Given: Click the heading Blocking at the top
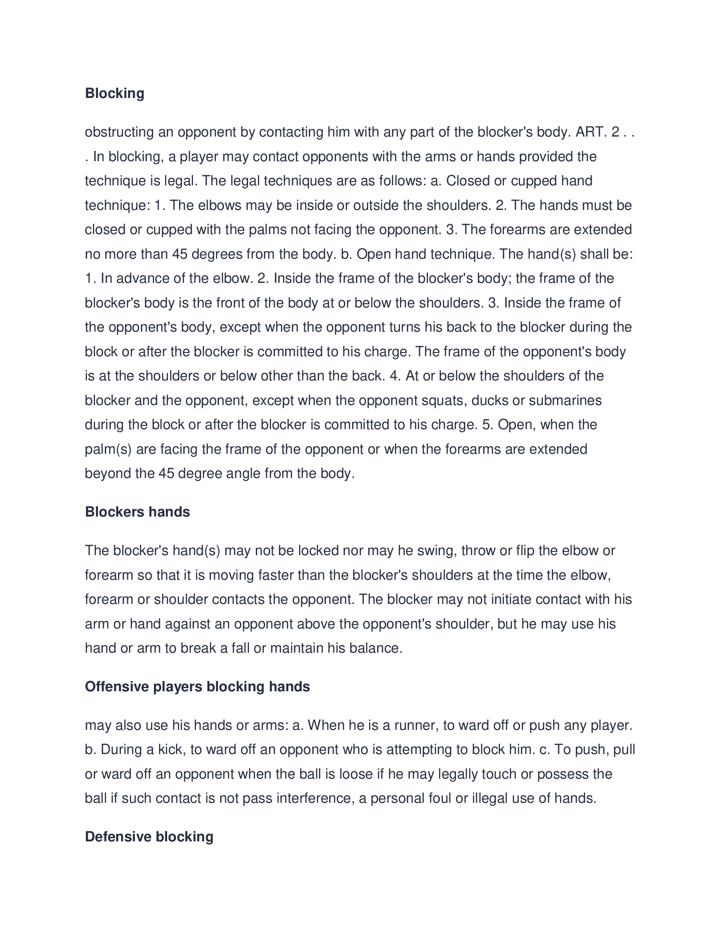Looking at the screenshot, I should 115,93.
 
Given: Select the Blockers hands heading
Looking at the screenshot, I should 137,512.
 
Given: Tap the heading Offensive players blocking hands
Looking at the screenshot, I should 197,687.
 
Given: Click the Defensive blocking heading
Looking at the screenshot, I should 149,836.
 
